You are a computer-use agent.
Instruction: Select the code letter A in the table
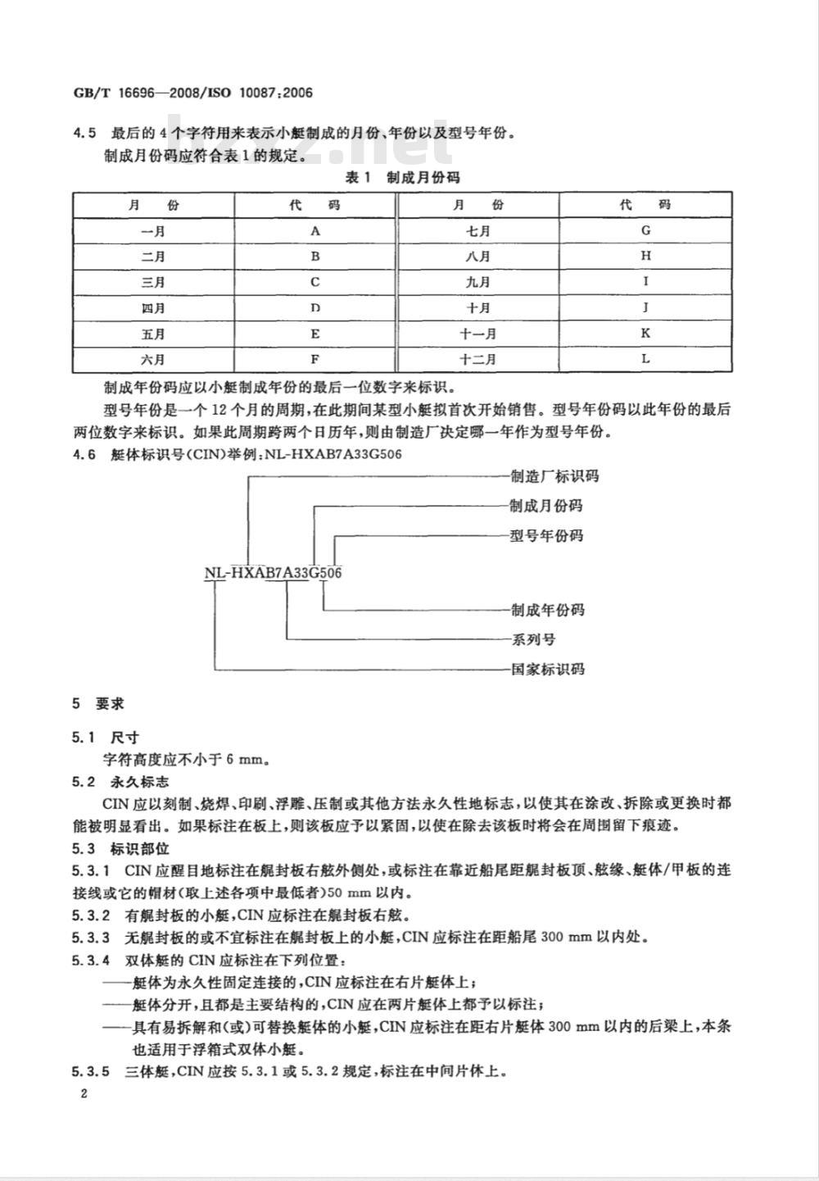(x=315, y=231)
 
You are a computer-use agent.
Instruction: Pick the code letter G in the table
(x=645, y=231)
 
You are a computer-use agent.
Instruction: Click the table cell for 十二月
(x=478, y=359)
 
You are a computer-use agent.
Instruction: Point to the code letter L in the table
(x=645, y=359)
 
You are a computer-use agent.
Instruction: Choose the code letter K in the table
(x=645, y=334)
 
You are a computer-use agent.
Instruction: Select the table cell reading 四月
(x=153, y=308)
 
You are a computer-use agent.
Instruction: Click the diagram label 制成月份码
(x=546, y=506)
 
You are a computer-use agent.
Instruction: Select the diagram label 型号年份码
(x=546, y=536)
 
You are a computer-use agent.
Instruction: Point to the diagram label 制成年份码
(x=546, y=610)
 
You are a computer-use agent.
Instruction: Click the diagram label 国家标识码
(x=546, y=669)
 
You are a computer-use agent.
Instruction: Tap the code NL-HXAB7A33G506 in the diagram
(x=273, y=573)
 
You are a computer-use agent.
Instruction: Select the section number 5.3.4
(x=90, y=960)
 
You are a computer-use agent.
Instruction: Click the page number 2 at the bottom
(x=84, y=1095)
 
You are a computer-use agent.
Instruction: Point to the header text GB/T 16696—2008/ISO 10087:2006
(x=193, y=93)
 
